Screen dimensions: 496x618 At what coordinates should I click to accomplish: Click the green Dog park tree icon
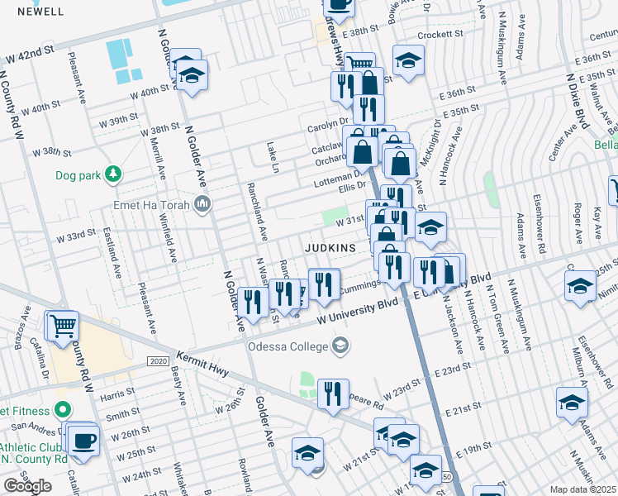point(113,174)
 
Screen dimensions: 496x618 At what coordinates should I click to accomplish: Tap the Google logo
point(27,486)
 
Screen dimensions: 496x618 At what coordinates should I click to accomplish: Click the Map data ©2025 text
point(582,489)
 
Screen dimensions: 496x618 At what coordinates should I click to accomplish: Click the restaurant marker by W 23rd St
point(333,393)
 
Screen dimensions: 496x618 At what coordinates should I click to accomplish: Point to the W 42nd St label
point(29,56)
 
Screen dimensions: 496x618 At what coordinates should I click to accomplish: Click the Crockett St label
point(440,35)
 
